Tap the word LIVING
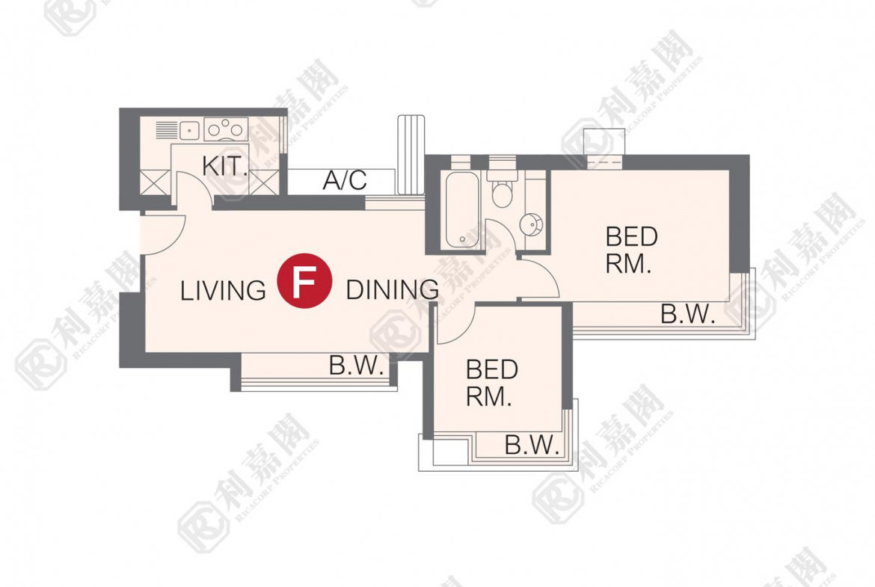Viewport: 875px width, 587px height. [x=223, y=291]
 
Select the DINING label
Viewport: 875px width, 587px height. [x=393, y=289]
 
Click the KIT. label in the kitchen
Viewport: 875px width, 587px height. [x=225, y=166]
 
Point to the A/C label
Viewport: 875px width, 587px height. [x=345, y=180]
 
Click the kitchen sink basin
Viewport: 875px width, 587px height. [x=190, y=131]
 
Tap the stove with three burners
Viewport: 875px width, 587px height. [x=226, y=129]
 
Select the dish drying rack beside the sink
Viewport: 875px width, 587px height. [x=166, y=131]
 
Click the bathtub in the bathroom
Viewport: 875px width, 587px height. [x=462, y=210]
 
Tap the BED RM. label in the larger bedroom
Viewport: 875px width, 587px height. [x=631, y=251]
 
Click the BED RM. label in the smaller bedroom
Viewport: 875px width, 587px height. [x=491, y=383]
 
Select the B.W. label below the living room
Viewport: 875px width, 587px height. [x=356, y=366]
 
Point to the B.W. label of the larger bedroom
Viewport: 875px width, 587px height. [x=687, y=314]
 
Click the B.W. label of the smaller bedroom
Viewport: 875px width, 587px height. [x=531, y=445]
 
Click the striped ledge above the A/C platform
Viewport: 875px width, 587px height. [x=411, y=155]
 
